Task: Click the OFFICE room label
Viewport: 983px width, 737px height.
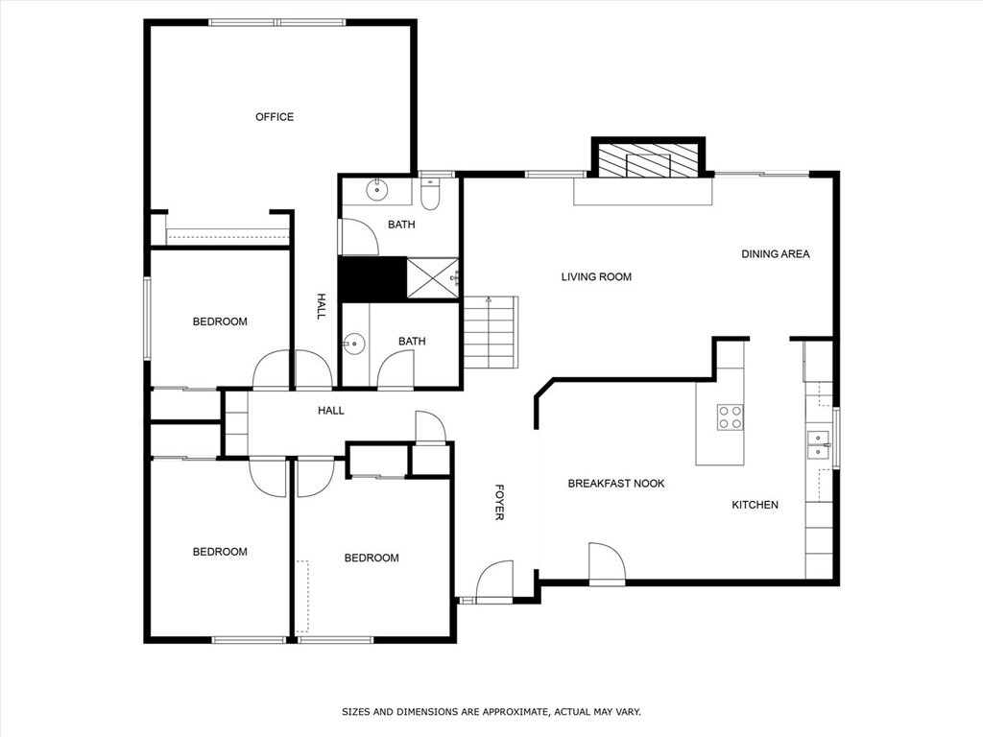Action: (x=275, y=117)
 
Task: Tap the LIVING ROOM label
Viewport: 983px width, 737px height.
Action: (x=596, y=277)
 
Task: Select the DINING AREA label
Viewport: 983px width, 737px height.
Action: (x=775, y=254)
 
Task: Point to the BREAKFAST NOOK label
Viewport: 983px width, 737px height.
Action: (x=615, y=484)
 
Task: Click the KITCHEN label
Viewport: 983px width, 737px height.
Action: (x=755, y=505)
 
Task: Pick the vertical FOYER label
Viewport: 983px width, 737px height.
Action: (x=499, y=502)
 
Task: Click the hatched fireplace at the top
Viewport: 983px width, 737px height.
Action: (x=648, y=159)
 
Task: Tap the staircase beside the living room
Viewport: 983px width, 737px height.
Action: (x=490, y=332)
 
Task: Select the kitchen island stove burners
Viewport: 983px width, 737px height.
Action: (x=730, y=417)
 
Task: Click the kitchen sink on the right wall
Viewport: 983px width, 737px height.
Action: (x=818, y=443)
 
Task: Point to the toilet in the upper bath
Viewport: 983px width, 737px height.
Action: (x=430, y=196)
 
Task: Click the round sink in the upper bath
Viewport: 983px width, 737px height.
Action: (x=378, y=190)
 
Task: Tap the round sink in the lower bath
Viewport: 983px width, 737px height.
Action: (x=355, y=343)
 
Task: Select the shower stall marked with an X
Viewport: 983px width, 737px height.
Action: (x=432, y=278)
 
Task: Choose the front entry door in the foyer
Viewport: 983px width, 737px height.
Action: (x=493, y=582)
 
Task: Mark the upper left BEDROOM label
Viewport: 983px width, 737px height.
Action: (x=220, y=321)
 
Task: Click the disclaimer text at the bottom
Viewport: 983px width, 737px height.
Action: (x=491, y=712)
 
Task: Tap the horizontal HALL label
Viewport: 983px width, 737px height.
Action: (x=331, y=411)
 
